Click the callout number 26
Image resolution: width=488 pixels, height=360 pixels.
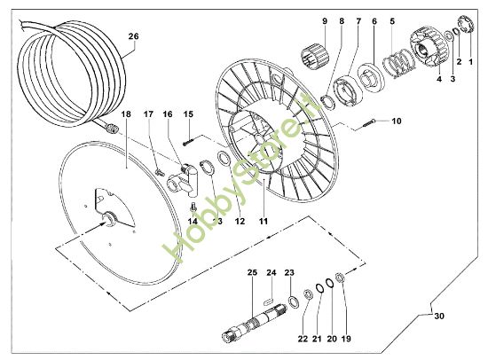[134, 36]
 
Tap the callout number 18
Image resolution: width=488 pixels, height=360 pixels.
[125, 115]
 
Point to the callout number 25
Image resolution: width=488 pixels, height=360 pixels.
[251, 271]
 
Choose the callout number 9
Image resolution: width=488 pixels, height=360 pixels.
[325, 20]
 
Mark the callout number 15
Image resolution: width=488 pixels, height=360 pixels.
[188, 113]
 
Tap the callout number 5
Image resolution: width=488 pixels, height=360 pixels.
[392, 20]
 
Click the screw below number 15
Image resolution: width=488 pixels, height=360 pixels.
[189, 137]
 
